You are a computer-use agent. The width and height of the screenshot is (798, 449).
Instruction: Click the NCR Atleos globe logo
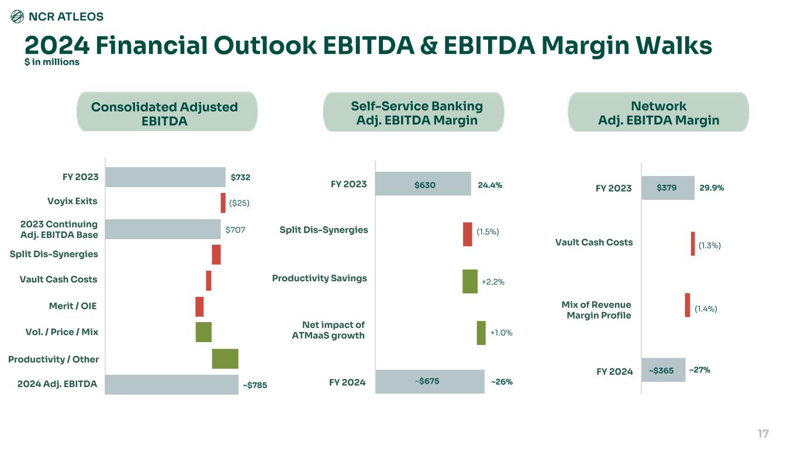click(x=18, y=17)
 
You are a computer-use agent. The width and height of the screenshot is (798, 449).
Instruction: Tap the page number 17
click(x=763, y=434)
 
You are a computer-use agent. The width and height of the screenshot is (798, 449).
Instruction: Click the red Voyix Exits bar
click(x=223, y=203)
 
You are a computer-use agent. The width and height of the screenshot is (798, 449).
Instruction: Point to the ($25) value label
click(x=239, y=203)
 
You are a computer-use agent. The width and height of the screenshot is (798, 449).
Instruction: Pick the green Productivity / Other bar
click(x=225, y=358)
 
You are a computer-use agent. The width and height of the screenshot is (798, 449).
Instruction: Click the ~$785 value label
click(x=255, y=385)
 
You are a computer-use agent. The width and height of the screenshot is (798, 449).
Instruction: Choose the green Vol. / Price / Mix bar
click(x=203, y=331)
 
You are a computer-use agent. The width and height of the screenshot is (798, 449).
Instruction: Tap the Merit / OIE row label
click(x=72, y=306)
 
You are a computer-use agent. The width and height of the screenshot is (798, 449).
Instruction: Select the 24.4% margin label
click(x=490, y=185)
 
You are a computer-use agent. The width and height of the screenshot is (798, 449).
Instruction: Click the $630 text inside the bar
click(x=425, y=185)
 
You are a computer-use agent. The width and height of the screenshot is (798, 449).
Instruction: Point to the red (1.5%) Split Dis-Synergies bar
click(x=468, y=234)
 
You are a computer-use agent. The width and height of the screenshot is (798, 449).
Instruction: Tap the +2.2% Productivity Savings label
click(x=493, y=282)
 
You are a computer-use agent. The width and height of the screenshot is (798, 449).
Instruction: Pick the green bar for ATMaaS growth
click(x=481, y=333)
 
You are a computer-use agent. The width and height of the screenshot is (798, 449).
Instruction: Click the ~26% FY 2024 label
click(x=502, y=382)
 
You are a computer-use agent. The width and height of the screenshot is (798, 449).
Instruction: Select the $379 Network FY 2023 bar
click(x=668, y=188)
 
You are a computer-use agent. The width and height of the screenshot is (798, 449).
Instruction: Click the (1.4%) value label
click(x=706, y=309)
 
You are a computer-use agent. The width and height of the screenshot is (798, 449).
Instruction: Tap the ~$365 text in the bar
click(x=661, y=370)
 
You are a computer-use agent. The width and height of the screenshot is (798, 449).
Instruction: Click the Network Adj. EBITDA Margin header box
click(x=658, y=113)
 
